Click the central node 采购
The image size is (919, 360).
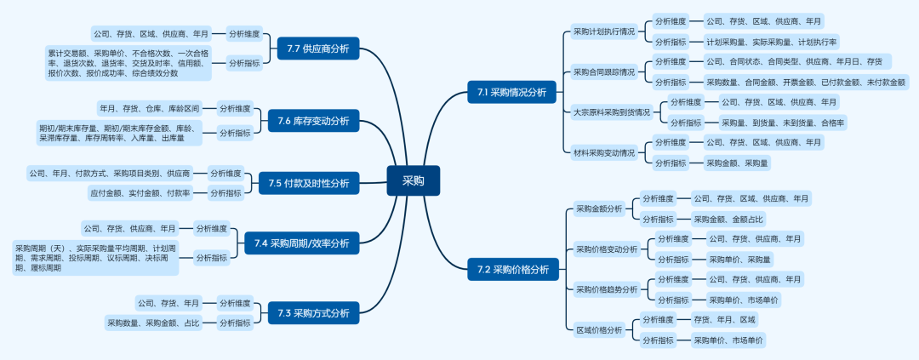point(413,180)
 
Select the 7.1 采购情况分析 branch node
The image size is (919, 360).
point(511,91)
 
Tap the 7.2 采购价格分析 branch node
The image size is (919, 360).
point(512,270)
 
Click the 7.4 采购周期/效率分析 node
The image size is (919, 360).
point(301,243)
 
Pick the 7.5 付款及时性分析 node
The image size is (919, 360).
point(308,182)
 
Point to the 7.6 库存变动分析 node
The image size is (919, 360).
point(313,121)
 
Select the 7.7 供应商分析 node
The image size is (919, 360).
point(318,49)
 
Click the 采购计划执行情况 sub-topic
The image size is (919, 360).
point(603,31)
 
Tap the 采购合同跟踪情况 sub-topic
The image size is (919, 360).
point(603,71)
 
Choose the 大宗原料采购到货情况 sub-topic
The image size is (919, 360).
point(611,111)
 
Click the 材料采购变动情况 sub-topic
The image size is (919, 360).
point(603,152)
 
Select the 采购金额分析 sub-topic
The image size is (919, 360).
point(599,209)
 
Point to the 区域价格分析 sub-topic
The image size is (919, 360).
point(599,330)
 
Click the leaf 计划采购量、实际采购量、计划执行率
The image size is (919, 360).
point(772,42)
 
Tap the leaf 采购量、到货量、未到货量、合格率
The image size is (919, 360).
point(783,123)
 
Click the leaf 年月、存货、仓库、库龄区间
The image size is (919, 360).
point(150,109)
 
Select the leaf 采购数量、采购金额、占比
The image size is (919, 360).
point(154,323)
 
